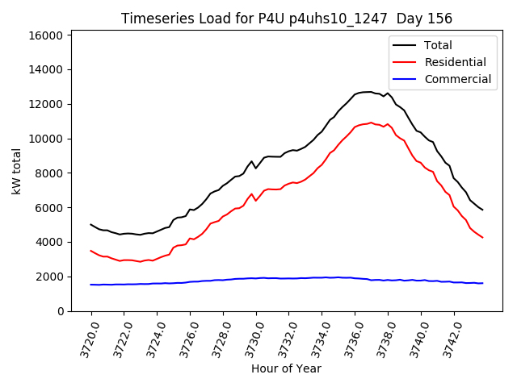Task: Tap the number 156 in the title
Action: (439, 19)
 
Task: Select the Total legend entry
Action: (438, 45)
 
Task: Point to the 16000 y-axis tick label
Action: (46, 35)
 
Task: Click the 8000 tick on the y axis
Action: (49, 173)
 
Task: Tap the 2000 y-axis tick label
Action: (49, 277)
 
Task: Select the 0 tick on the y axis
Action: (61, 311)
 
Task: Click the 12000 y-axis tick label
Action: (46, 104)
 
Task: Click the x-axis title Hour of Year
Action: (286, 368)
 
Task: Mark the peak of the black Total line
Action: (368, 92)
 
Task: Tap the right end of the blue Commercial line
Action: (482, 283)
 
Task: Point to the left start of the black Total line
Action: (90, 224)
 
